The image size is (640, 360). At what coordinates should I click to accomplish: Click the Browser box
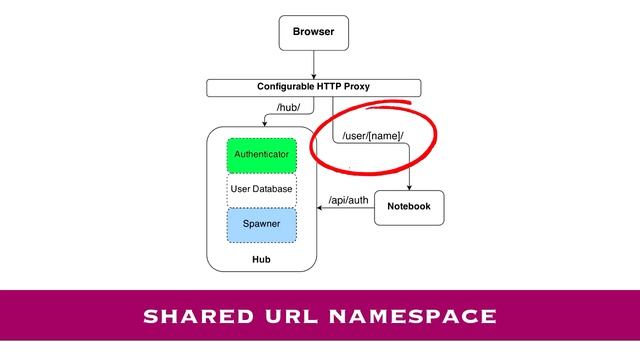(313, 32)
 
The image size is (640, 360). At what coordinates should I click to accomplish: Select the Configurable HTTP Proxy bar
(313, 87)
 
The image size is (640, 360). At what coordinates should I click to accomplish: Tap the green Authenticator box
(261, 155)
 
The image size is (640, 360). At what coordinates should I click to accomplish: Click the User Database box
(261, 189)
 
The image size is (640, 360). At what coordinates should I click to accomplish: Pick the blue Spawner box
(261, 224)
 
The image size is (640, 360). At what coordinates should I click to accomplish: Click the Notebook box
(408, 207)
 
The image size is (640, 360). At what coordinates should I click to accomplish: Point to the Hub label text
(261, 260)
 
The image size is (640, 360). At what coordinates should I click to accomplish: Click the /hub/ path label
(288, 108)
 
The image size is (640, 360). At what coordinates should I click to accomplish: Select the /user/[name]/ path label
(373, 136)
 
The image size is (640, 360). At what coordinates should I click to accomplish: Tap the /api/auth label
(348, 200)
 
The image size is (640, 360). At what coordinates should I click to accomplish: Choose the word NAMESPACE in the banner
(415, 317)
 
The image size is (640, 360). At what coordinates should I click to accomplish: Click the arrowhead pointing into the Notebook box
(408, 186)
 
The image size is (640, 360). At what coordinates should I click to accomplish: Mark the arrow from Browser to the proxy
(313, 63)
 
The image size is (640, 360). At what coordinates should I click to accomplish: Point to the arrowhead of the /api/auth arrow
(320, 207)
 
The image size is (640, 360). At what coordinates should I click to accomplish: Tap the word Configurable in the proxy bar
(287, 87)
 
